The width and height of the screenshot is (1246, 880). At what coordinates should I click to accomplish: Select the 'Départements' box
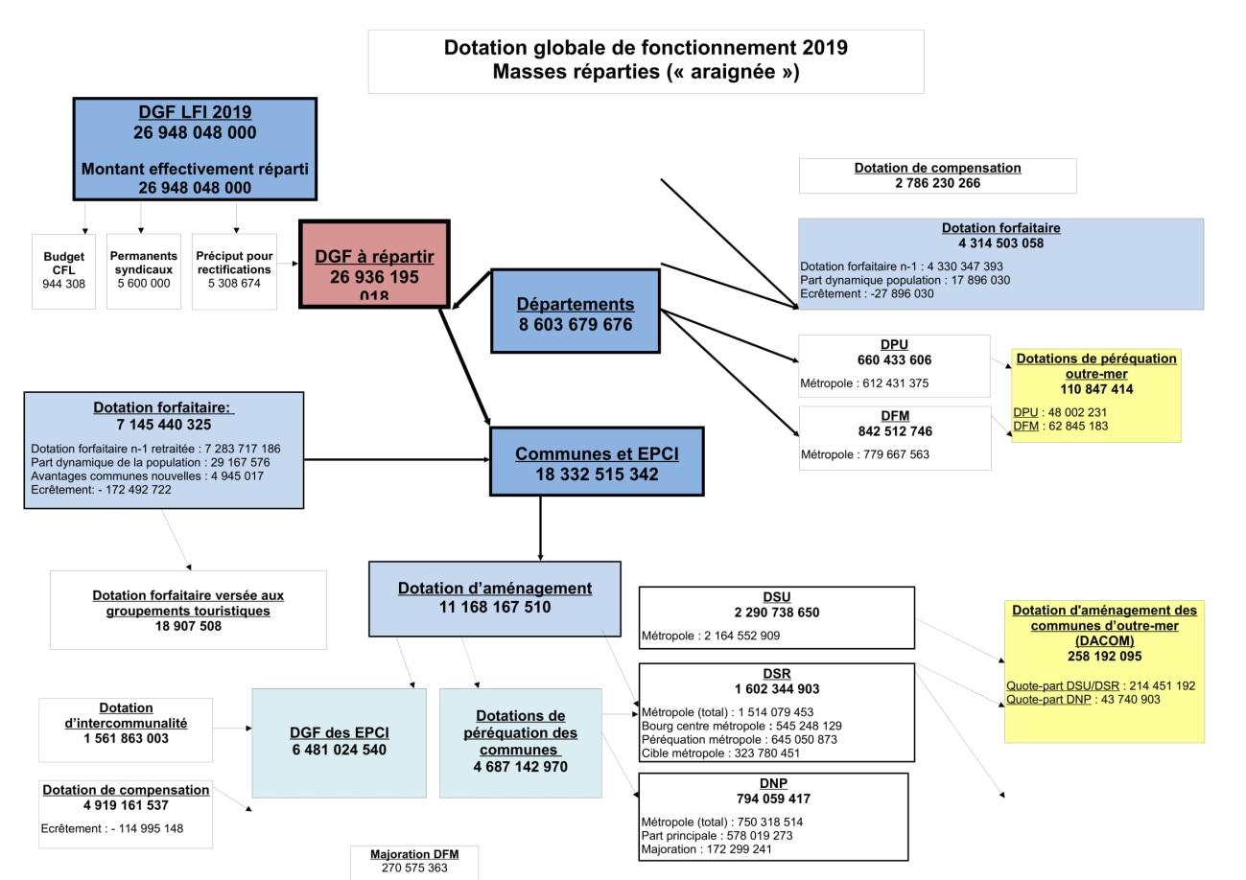click(576, 313)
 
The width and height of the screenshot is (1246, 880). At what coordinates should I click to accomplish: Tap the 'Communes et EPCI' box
click(597, 462)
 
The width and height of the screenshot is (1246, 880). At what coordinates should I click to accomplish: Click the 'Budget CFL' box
click(63, 271)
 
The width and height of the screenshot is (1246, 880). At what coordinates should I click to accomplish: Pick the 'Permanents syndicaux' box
click(144, 271)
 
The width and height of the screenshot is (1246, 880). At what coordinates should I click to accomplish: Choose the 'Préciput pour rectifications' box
click(234, 271)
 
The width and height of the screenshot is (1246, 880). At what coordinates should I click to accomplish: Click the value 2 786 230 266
click(937, 183)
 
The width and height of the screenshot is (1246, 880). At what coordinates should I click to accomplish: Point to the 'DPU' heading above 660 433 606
click(894, 344)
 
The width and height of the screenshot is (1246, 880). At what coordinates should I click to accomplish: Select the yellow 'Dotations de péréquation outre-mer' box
click(1096, 395)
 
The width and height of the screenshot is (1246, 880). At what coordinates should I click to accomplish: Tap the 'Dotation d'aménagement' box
click(495, 598)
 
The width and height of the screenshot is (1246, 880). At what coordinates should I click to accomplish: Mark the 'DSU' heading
click(777, 596)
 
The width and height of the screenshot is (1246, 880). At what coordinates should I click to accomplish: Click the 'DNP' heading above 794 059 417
click(773, 783)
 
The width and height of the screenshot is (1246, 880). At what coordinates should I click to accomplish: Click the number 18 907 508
click(188, 626)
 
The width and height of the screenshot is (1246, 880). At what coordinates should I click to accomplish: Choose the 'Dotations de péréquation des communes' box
click(521, 742)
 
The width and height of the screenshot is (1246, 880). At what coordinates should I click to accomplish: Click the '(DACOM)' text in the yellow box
click(1104, 640)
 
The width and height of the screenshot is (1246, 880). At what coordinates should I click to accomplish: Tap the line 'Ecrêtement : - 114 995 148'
click(112, 828)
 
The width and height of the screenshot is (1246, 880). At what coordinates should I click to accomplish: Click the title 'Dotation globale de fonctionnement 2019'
click(646, 48)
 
